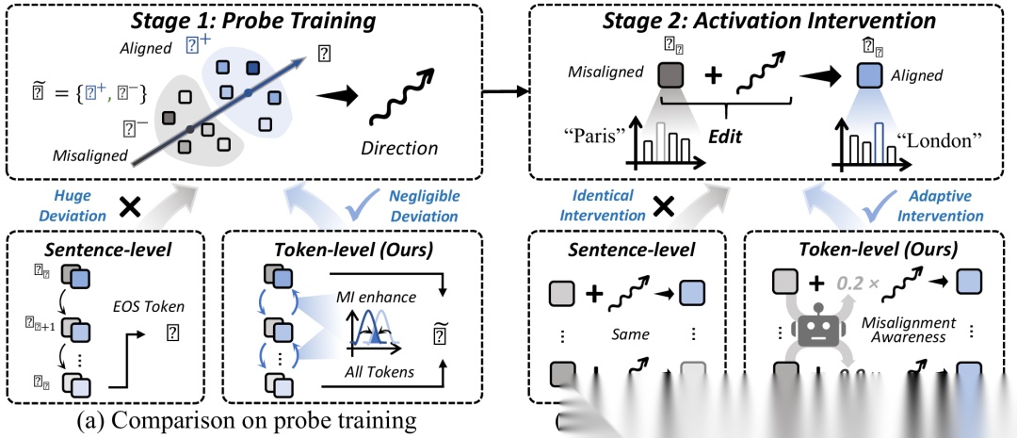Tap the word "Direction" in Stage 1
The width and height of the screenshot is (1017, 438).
coord(400,148)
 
